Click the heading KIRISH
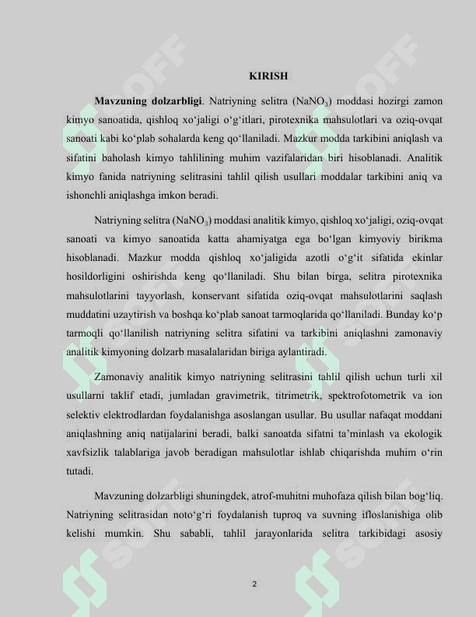click(268, 76)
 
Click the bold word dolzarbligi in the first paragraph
click(177, 101)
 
